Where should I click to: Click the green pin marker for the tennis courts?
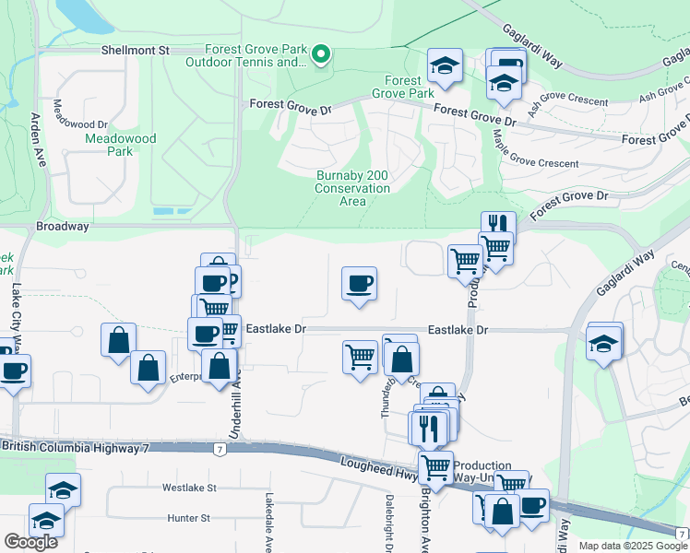pos(320,55)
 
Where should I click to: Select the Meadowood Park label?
pos(121,145)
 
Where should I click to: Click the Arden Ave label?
pos(38,138)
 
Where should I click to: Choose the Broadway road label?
pos(63,226)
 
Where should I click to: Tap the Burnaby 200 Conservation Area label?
pos(353,188)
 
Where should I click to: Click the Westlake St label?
pos(188,488)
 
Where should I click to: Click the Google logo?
pos(30,542)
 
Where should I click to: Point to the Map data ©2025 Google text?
pos(633,546)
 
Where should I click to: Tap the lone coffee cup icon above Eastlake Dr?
pos(359,282)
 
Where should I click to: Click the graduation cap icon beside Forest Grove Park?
pos(445,66)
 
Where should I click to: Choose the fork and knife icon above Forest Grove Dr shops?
pos(498,224)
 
